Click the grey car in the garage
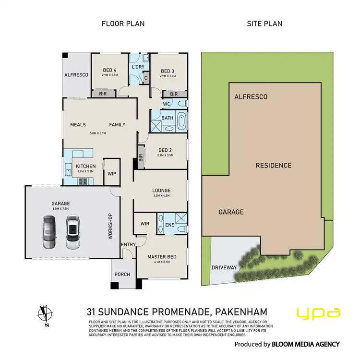[50, 232]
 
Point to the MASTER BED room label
[162, 257]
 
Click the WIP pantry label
[112, 174]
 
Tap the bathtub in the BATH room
[181, 121]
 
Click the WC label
[167, 104]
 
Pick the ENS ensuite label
[169, 224]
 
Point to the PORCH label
[122, 275]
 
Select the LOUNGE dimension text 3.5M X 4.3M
[162, 196]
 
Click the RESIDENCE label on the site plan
[273, 166]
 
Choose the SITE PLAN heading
[264, 24]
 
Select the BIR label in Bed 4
[103, 94]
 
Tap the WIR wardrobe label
[144, 224]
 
